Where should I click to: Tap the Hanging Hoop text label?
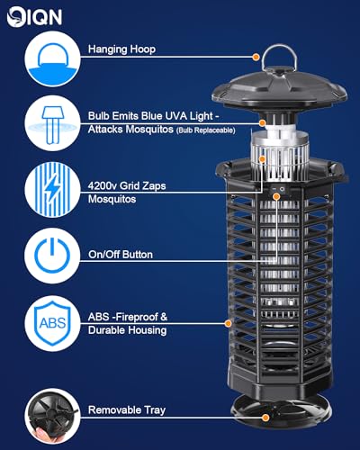coord(121,52)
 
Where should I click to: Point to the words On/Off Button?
coord(121,255)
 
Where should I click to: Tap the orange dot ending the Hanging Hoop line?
coord(256,57)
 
